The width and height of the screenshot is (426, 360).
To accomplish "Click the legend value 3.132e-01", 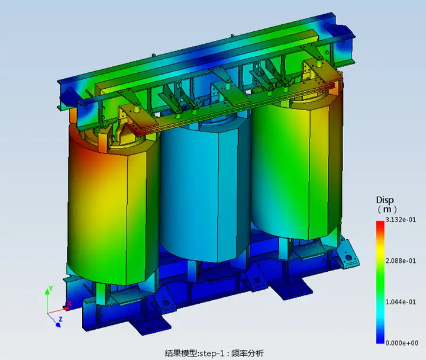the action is coord(401,220).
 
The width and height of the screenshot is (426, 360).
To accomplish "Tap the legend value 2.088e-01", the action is coord(401,261).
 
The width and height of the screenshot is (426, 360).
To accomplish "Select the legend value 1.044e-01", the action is coord(401,302).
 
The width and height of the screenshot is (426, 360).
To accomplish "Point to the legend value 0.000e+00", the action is coord(402,343).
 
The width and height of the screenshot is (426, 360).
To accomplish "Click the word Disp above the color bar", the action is coord(385,200).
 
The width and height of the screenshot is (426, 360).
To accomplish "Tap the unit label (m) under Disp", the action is coord(387,210).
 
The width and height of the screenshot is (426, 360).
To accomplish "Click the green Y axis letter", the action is coord(50,288).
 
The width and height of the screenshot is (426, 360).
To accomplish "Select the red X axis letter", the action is coord(69,303).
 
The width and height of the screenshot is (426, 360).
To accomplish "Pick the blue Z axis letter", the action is coord(60,319).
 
